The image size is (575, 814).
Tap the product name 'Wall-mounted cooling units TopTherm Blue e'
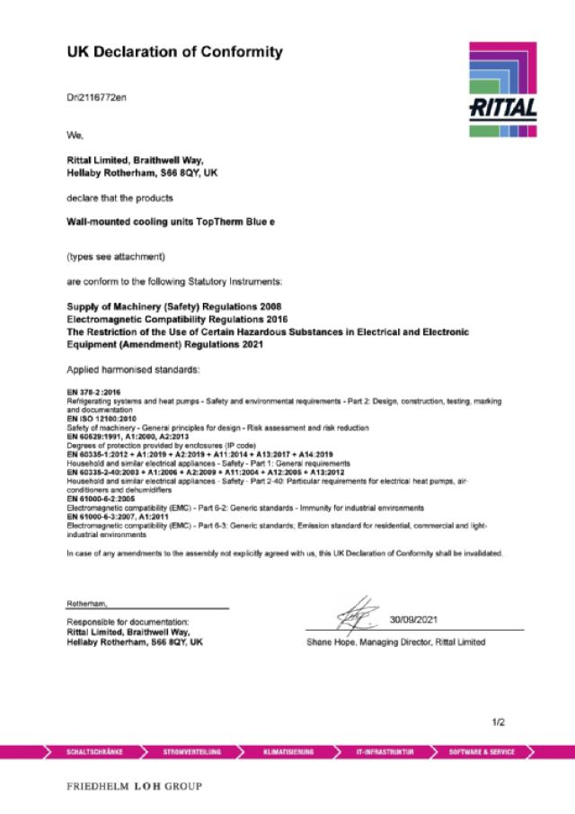coord(172,221)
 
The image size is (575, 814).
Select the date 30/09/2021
coord(414,620)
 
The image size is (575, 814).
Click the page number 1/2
coord(500,722)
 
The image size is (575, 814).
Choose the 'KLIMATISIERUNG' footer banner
coord(288,751)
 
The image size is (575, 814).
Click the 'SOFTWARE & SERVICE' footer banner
coord(482,751)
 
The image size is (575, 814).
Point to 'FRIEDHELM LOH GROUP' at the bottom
coord(134,787)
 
